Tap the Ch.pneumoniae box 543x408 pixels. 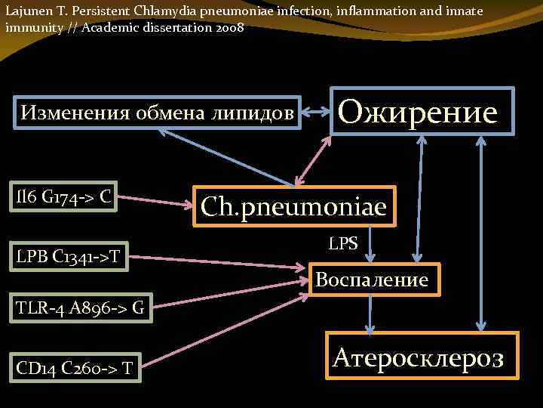click(x=293, y=206)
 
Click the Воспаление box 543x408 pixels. click(x=372, y=280)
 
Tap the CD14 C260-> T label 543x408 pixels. click(x=75, y=367)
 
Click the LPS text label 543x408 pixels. click(x=343, y=243)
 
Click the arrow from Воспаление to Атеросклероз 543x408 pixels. click(x=369, y=314)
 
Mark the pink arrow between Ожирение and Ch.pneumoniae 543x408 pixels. click(x=314, y=160)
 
